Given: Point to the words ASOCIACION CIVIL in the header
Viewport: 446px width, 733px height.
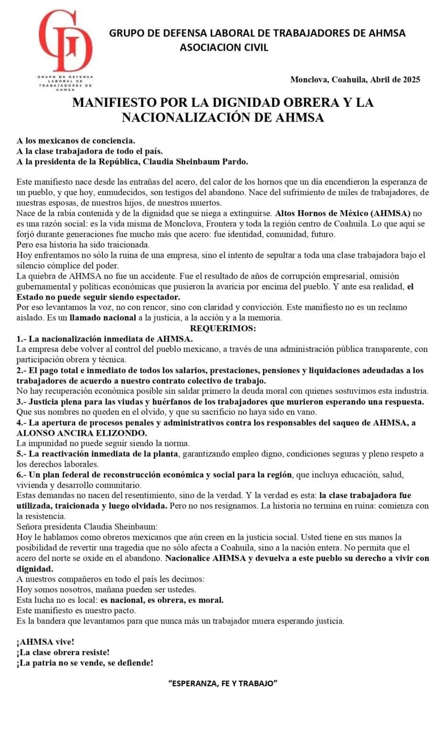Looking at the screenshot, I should pyautogui.click(x=224, y=47).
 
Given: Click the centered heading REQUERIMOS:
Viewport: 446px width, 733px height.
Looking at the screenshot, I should pyautogui.click(x=223, y=328).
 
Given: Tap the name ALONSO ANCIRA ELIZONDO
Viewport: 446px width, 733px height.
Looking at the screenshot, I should pyautogui.click(x=82, y=433).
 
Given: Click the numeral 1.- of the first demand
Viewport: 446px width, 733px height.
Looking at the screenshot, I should pyautogui.click(x=22, y=339).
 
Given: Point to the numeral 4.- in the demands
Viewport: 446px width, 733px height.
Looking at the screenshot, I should pyautogui.click(x=22, y=422).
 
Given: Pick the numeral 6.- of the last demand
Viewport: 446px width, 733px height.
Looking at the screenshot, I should pyautogui.click(x=22, y=474).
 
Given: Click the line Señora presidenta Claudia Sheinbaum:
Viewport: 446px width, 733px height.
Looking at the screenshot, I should pyautogui.click(x=87, y=527).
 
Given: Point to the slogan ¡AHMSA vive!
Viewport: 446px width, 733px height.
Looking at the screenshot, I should pyautogui.click(x=45, y=642).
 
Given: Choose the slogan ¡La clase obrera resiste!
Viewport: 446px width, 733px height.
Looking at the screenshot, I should pyautogui.click(x=63, y=652).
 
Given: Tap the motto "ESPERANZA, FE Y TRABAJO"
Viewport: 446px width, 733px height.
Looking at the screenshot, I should pyautogui.click(x=223, y=683).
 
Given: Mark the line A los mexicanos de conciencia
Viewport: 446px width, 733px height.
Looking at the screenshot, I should pyautogui.click(x=76, y=140).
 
